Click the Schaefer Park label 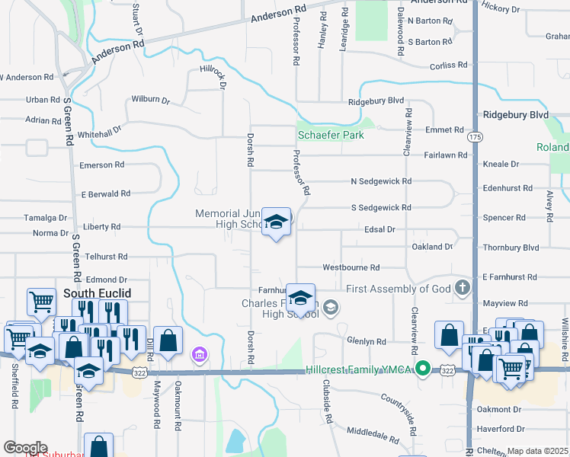coord(330,135)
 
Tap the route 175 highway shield coord(476,136)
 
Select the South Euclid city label coord(97,293)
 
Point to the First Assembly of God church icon coord(461,289)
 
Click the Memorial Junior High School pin coord(276,222)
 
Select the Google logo coord(25,448)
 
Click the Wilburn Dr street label coord(150,100)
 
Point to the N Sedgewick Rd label coord(381,181)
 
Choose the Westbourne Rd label coord(351,268)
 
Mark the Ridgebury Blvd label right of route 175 coord(516,114)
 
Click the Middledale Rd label coord(373,436)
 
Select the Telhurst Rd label coord(106,257)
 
